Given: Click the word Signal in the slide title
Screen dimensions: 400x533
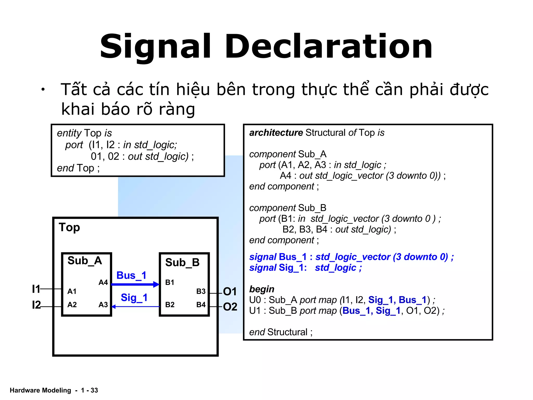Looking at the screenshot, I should coord(155,47).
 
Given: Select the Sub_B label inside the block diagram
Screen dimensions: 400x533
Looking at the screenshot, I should coord(182,262).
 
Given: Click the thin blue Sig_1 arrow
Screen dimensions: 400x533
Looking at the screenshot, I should coord(135,307).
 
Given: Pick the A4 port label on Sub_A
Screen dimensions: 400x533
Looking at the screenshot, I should coord(103,283).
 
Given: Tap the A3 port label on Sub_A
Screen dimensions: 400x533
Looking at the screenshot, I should coord(103,305).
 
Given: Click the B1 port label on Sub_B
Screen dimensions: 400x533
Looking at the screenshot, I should coord(170,283).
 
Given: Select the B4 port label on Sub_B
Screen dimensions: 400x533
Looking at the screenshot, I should coord(201,305).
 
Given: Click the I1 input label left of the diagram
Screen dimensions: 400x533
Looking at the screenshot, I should coord(36,289).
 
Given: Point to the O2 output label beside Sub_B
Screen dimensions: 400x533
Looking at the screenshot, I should coord(230,307).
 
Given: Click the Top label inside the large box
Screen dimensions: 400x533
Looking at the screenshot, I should coord(69,227).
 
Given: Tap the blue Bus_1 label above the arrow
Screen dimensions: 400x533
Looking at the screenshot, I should coord(131,275).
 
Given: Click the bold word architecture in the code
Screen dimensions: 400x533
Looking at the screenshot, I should coord(276,133).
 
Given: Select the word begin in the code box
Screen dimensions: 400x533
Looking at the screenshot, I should coord(262,289).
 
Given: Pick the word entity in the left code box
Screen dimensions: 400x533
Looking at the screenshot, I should coord(69,133).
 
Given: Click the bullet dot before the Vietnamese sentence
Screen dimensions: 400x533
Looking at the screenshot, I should coord(43,90).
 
